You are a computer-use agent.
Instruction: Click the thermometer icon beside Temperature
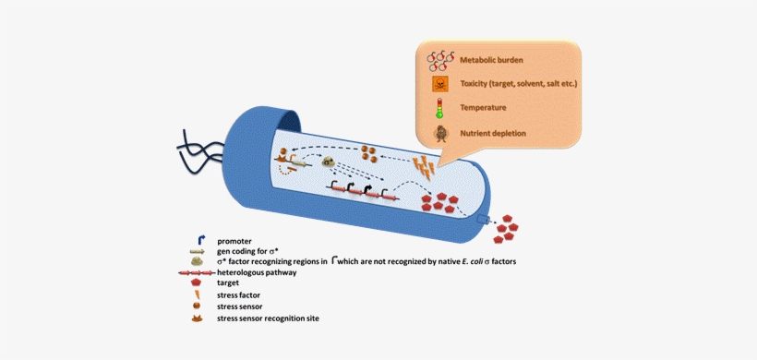pos(439,108)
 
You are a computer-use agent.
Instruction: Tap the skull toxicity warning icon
pos(440,85)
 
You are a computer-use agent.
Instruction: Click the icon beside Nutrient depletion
pos(440,133)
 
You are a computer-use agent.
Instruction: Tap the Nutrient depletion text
pos(493,133)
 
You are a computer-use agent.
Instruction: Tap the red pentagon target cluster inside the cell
pos(440,203)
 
